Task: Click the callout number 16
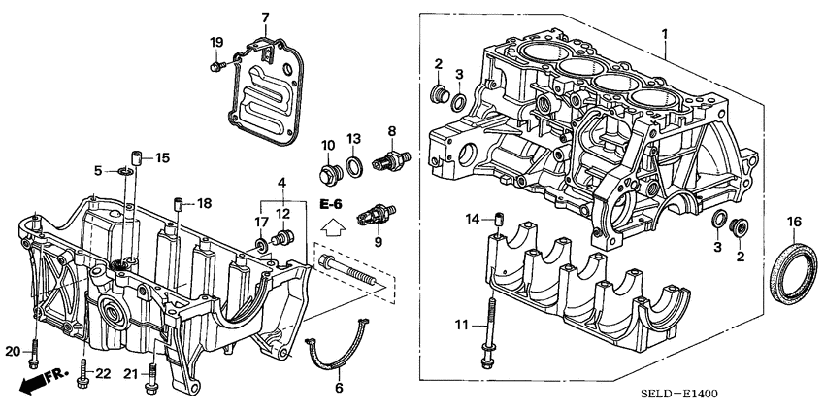point(793,223)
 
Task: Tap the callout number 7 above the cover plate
point(266,17)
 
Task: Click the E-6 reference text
point(331,205)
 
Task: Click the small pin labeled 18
point(179,204)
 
